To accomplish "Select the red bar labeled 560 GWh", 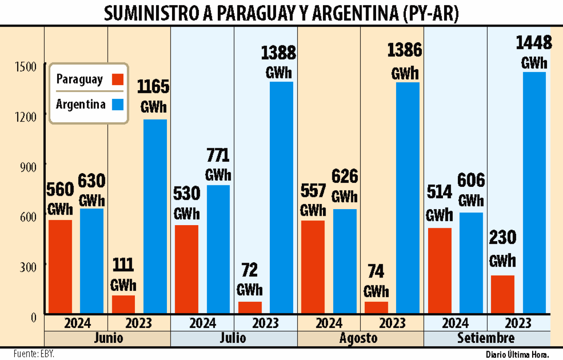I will click(60, 266).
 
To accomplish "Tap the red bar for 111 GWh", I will click(123, 304).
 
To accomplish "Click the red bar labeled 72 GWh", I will click(250, 307).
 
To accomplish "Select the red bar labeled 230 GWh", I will click(502, 294).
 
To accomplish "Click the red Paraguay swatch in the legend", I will click(117, 79).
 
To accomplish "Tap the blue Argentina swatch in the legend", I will click(117, 104).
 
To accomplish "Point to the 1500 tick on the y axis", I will click(25, 67).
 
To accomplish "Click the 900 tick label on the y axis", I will click(28, 167).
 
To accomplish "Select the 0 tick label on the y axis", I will click(34, 317).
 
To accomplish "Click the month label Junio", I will click(108, 338).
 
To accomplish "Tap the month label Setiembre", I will click(486, 338).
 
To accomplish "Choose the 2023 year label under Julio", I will click(265, 323).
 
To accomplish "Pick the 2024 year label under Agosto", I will click(329, 323).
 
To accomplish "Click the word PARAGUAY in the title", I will click(256, 13).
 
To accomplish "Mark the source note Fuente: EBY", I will click(34, 354).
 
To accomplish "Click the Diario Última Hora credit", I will click(517, 355).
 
